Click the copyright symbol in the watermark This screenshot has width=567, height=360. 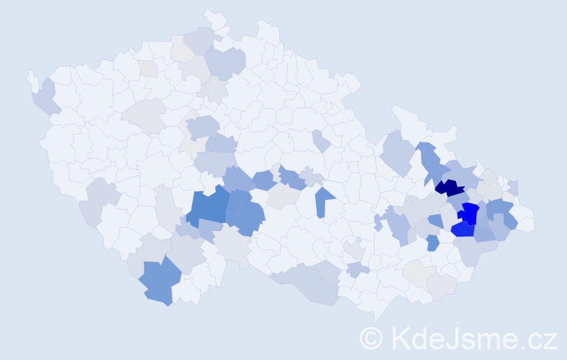pos(372,338)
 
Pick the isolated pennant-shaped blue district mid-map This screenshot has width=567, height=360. pos(324,201)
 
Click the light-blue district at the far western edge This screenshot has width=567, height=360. pos(45,97)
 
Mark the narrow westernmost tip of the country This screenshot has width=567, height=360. pos(30,76)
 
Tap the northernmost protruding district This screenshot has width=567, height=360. pos(212,15)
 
